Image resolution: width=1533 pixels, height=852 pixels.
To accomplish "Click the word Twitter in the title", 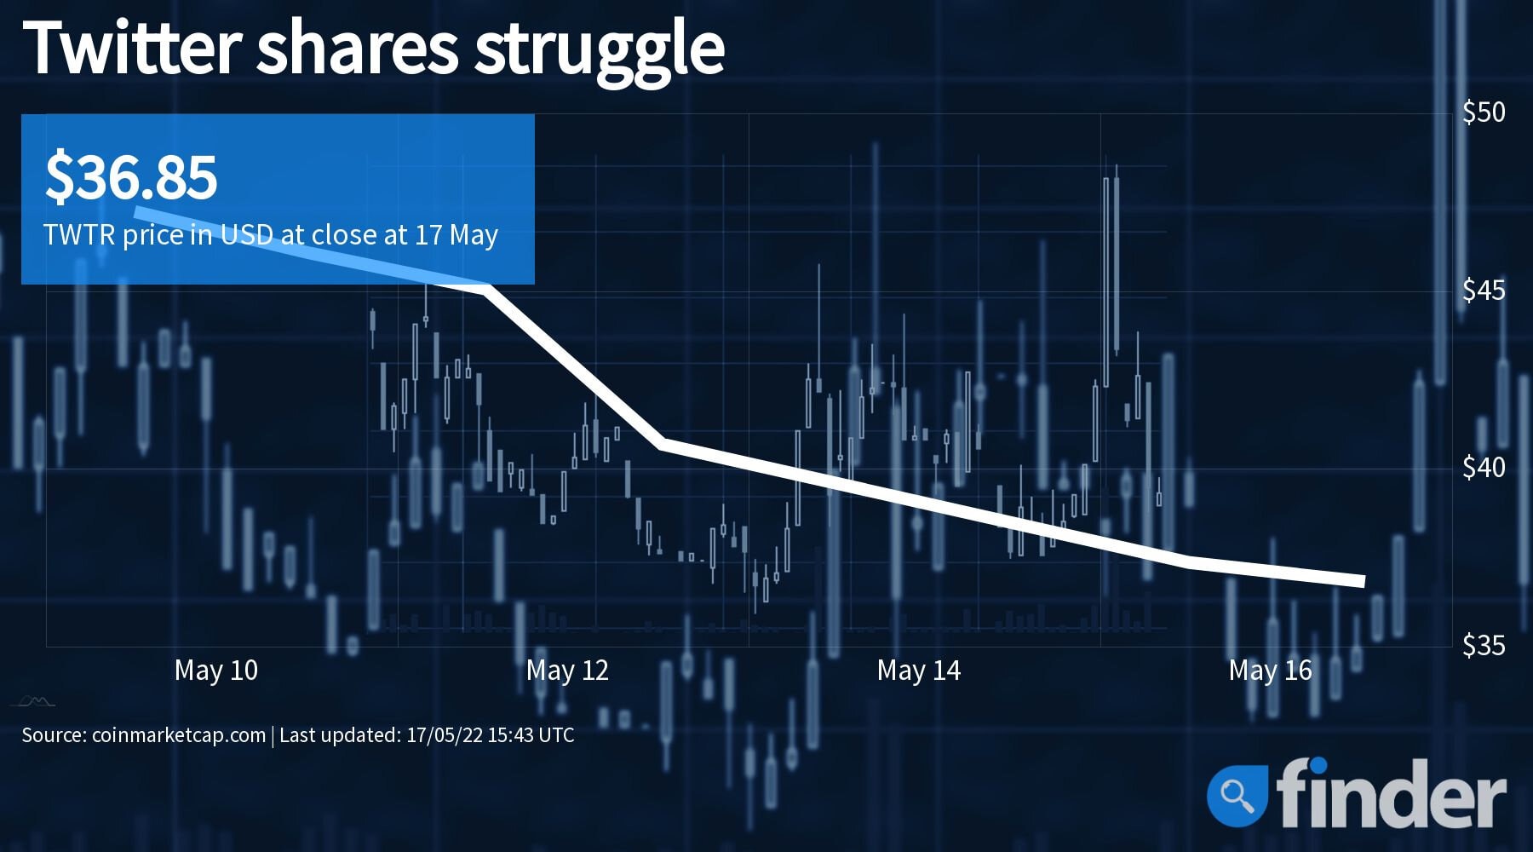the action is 134,48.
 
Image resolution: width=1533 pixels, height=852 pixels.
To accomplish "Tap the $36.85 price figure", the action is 131,177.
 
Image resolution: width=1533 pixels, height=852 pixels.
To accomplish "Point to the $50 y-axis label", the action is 1484,112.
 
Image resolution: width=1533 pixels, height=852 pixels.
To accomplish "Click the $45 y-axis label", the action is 1484,291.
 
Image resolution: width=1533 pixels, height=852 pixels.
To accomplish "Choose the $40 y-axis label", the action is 1484,468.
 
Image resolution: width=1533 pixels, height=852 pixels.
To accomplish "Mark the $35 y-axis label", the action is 1484,646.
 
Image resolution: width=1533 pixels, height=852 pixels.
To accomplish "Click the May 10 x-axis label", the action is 216,671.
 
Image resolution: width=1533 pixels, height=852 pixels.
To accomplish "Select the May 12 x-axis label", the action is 567,671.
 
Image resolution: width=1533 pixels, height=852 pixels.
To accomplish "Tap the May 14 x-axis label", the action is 919,671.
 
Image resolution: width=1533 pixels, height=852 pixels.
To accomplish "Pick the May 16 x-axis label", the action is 1270,671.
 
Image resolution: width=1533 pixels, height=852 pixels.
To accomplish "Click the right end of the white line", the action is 1364,582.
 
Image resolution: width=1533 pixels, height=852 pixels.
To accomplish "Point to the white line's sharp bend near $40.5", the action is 663,443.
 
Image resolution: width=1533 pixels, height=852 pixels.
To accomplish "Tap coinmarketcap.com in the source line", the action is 179,735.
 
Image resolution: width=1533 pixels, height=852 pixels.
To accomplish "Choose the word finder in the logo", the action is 1391,792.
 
